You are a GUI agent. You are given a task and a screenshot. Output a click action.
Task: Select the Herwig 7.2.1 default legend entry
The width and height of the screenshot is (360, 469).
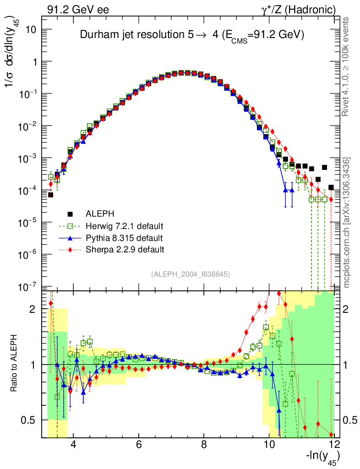124,226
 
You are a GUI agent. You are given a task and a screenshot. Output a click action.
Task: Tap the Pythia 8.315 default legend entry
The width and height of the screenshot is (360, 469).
124,238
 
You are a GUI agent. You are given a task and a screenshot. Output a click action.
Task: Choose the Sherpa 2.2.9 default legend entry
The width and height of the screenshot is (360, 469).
125,250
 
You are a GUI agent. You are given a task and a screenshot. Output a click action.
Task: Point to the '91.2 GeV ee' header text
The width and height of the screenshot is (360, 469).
78,9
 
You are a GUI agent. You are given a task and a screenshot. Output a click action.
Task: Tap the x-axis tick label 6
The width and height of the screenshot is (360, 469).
138,444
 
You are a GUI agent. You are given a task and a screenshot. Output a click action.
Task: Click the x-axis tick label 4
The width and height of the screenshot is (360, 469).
73,444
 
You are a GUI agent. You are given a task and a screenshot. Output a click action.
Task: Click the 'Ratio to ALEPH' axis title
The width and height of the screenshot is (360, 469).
14,365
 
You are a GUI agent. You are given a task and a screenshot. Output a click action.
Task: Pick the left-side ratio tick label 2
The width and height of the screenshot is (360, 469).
33,309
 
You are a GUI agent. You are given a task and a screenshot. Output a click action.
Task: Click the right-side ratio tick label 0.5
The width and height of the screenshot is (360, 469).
349,420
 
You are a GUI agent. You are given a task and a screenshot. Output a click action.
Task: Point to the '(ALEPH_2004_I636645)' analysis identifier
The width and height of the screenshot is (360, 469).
190,274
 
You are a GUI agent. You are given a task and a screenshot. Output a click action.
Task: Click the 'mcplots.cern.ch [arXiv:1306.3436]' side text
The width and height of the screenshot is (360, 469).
347,222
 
